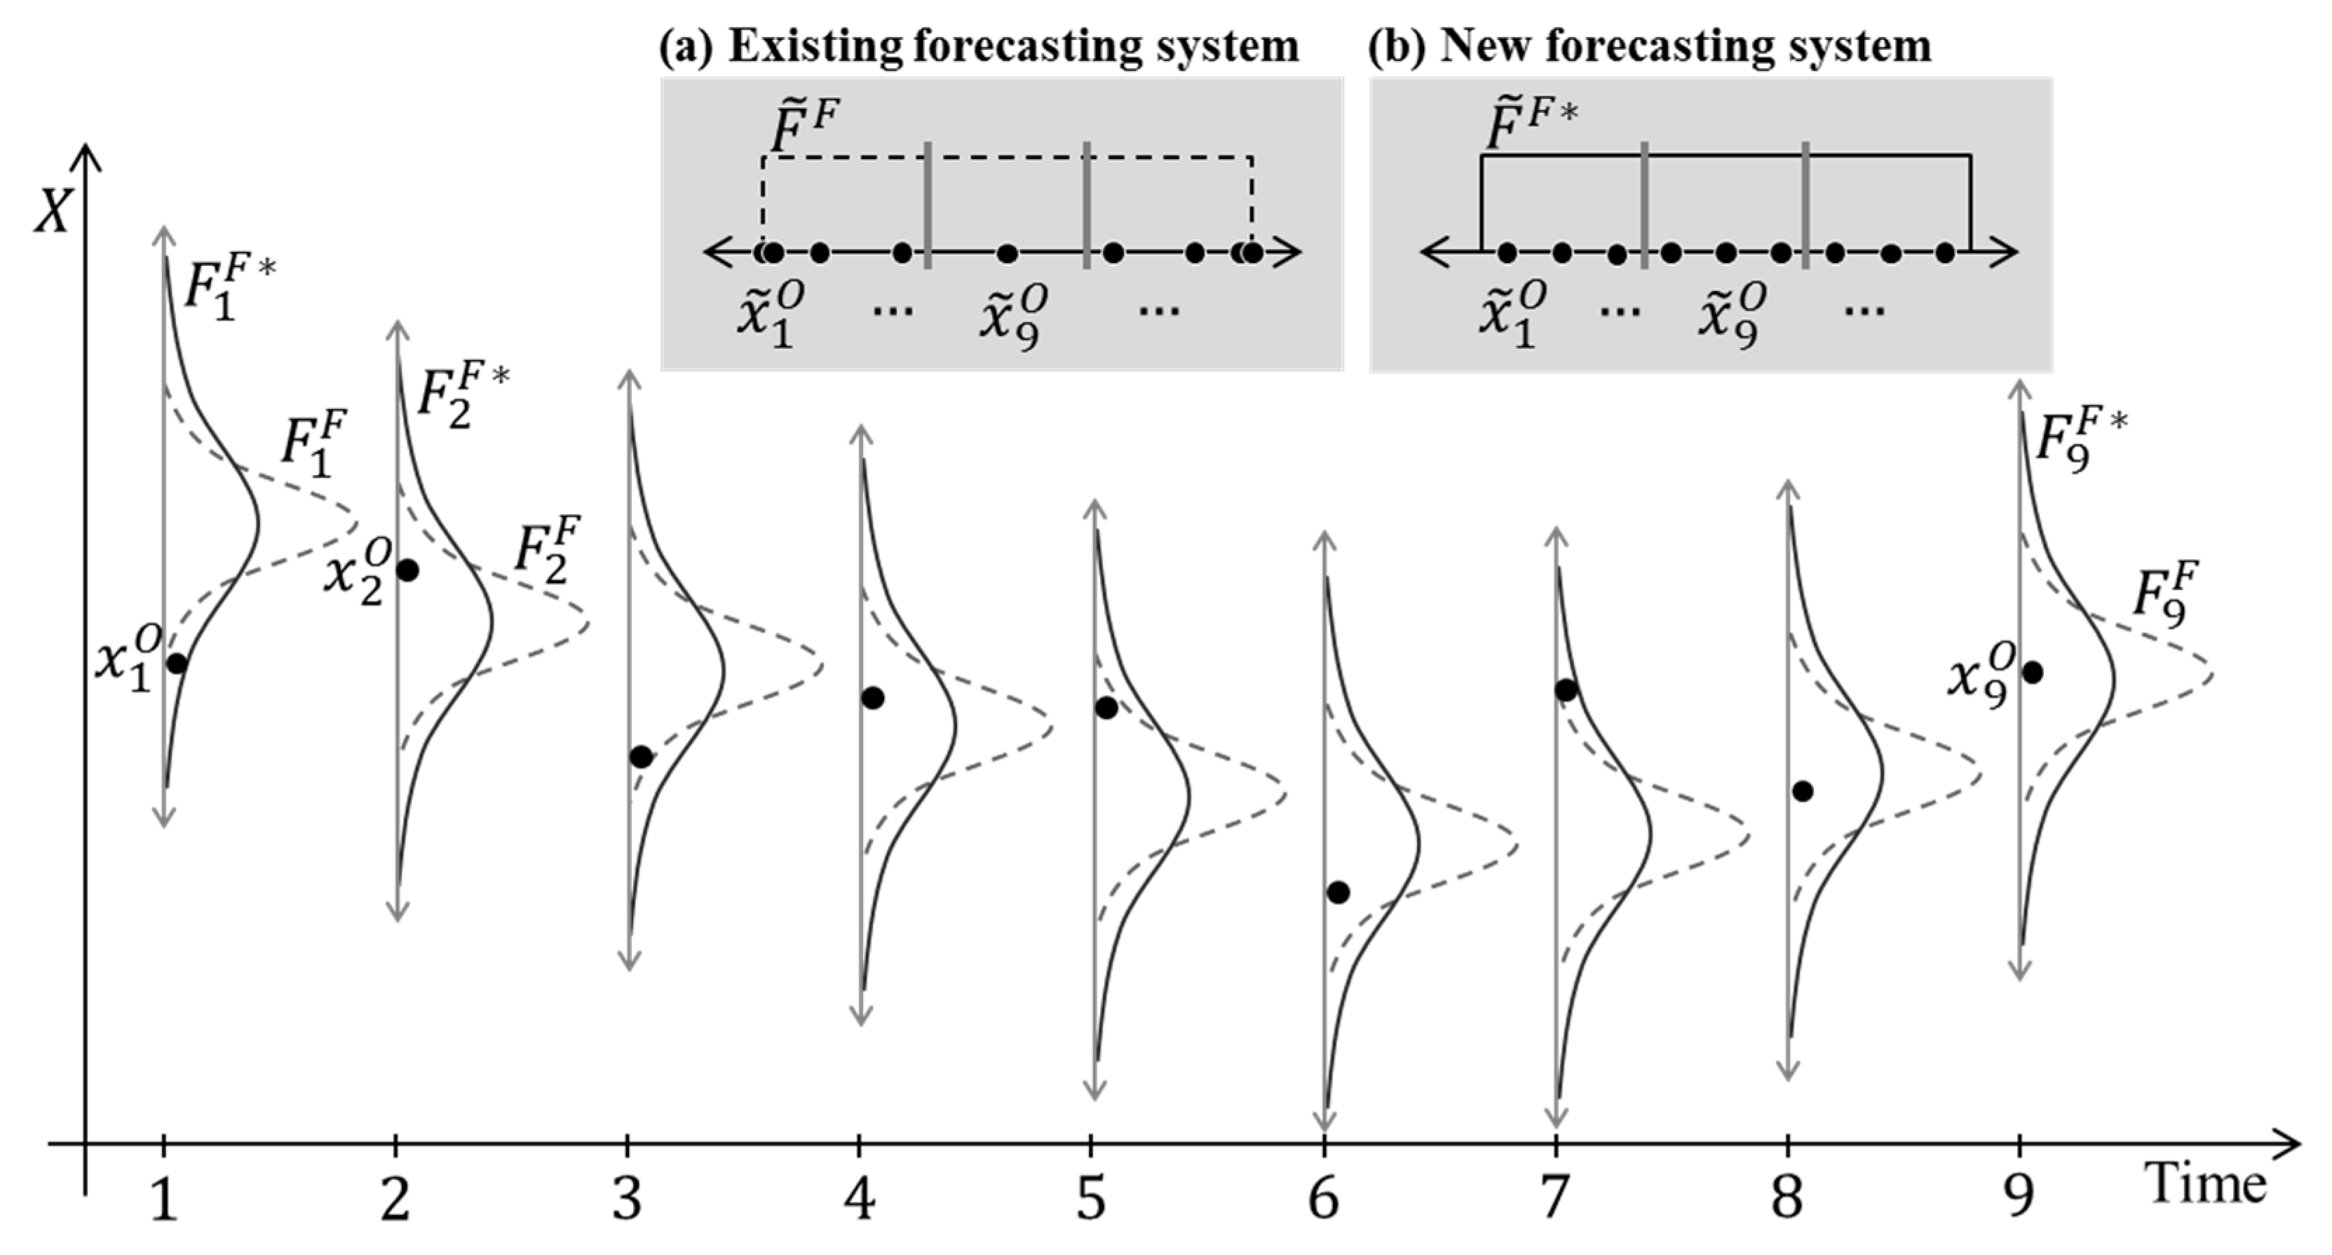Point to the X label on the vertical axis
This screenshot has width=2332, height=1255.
52,214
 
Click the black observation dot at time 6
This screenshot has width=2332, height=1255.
1338,893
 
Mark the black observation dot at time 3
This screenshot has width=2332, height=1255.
641,757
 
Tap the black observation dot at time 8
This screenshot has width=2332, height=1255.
1803,791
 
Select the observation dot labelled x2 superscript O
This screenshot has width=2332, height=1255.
407,570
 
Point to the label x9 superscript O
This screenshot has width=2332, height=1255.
1981,676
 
